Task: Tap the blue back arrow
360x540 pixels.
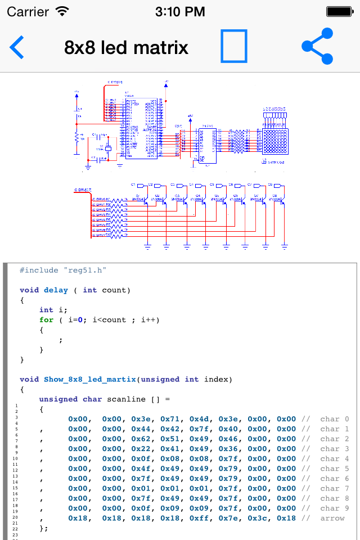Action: click(17, 47)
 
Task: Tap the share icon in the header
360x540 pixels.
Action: click(317, 46)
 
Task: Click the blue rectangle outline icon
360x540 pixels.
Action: click(233, 46)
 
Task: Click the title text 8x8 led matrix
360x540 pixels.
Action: click(126, 48)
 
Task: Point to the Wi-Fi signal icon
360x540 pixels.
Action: click(62, 11)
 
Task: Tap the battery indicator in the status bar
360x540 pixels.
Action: click(340, 11)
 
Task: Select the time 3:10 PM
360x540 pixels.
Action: click(180, 11)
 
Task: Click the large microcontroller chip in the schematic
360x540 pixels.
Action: click(141, 128)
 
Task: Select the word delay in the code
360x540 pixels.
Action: click(56, 290)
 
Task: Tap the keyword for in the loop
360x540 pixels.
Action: click(46, 320)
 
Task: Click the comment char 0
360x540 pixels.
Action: click(334, 419)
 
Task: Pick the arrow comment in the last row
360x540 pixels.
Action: click(332, 518)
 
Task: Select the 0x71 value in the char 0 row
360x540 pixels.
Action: click(170, 419)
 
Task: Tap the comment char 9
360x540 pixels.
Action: click(334, 508)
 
